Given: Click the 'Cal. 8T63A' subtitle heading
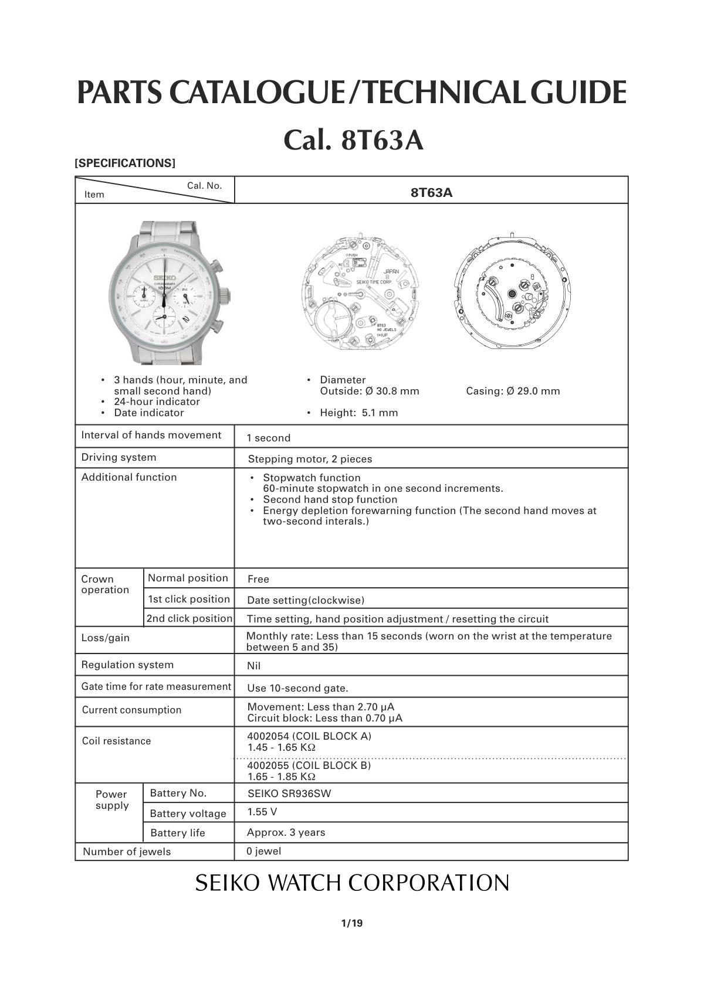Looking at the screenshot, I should (x=353, y=141).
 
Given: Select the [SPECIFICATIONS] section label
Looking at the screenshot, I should (x=125, y=164).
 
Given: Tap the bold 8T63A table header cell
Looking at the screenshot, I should (x=431, y=192).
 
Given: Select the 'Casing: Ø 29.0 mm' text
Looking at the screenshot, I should (x=513, y=391).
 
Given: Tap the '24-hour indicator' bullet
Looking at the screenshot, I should (x=157, y=402).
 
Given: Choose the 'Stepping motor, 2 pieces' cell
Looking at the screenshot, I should (x=310, y=459).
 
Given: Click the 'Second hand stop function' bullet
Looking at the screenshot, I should (x=330, y=499).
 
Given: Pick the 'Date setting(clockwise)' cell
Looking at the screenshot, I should (x=306, y=600).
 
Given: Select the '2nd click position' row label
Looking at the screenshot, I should (x=189, y=618).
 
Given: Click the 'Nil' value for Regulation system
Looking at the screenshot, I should (x=254, y=666).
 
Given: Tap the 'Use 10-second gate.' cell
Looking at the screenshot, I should (x=297, y=688).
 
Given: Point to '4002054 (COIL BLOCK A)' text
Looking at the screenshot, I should (x=309, y=736).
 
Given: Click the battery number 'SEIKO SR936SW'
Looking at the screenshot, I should (x=289, y=794).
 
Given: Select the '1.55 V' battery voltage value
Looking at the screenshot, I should (x=262, y=812).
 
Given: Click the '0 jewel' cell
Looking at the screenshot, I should (x=264, y=851).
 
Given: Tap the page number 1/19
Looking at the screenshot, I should (x=352, y=924).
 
